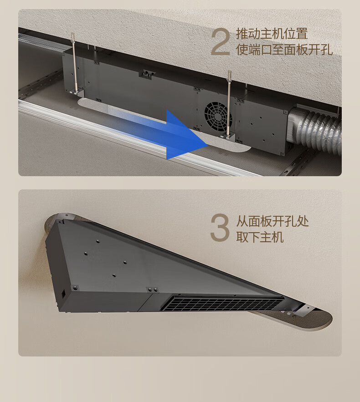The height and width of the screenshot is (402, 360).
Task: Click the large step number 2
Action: point(220,42)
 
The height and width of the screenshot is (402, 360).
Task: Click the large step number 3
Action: point(220,228)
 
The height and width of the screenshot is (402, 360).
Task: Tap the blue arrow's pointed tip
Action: point(207,145)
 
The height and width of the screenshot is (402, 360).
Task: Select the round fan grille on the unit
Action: point(218,115)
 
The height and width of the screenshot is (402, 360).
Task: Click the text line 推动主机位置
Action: point(272,34)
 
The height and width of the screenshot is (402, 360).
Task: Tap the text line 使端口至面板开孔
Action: point(284,50)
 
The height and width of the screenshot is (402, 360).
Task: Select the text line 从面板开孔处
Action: point(272,221)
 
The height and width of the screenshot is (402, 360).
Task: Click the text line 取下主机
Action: point(260,237)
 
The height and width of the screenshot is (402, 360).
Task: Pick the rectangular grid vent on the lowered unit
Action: point(222,304)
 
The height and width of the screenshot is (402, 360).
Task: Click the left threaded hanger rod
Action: point(74,62)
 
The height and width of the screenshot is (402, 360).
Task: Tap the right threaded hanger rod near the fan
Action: point(229,104)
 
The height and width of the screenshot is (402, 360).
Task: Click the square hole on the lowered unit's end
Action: point(63,294)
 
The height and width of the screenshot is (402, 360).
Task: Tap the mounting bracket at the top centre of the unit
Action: point(147,73)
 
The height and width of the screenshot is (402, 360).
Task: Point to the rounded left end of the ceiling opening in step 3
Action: point(50,224)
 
